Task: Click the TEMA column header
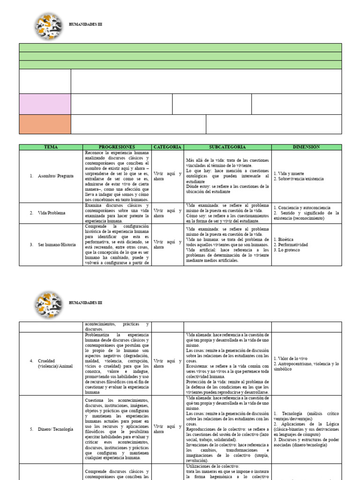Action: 51,147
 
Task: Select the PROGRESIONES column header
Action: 117,147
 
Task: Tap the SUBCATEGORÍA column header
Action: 228,147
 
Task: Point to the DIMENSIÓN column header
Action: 307,147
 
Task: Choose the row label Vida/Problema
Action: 52,213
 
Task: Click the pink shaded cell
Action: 45,104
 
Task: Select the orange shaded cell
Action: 45,124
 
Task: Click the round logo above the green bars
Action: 49,26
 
